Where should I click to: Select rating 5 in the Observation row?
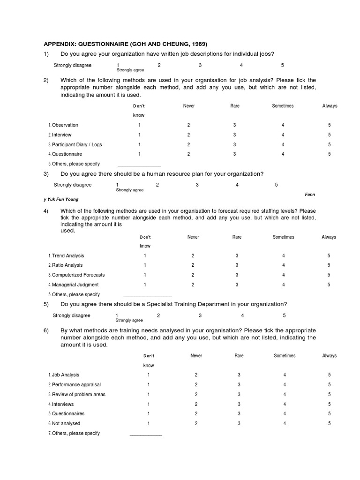pos(330,125)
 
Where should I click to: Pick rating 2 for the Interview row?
pos(189,135)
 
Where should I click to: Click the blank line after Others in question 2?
pos(139,165)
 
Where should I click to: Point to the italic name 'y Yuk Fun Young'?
pos(61,199)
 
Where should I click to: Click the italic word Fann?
pos(310,194)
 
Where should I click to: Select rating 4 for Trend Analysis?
pos(284,256)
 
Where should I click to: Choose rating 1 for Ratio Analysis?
pos(145,265)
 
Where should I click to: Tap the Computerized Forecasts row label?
pos(76,275)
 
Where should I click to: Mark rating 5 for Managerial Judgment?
pos(329,285)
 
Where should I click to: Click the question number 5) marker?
pos(46,304)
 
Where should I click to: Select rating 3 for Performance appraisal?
pos(239,385)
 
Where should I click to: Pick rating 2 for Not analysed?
pos(196,424)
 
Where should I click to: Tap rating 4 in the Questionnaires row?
pos(285,414)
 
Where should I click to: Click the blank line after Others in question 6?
pos(146,435)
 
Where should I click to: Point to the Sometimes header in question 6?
pos(285,356)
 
